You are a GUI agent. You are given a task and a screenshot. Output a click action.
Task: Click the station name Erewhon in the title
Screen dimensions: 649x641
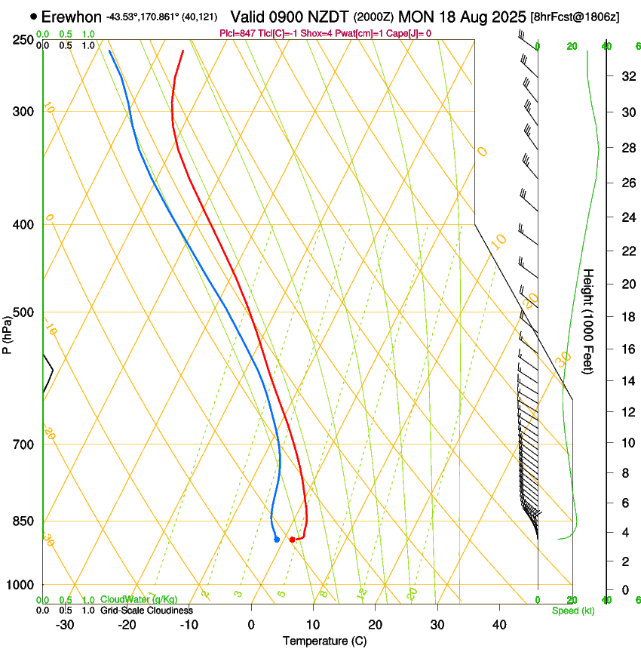pyautogui.click(x=71, y=17)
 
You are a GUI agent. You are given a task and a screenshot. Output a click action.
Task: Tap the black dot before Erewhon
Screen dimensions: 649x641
pyautogui.click(x=33, y=16)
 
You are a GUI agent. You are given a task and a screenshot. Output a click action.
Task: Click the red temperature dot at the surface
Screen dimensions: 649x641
pyautogui.click(x=292, y=540)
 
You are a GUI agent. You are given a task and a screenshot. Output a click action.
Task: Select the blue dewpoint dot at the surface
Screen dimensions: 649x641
pyautogui.click(x=277, y=540)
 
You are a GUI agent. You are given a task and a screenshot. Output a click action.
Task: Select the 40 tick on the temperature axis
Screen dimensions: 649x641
pyautogui.click(x=498, y=625)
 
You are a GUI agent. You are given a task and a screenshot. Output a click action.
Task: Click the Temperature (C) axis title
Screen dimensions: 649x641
pyautogui.click(x=324, y=641)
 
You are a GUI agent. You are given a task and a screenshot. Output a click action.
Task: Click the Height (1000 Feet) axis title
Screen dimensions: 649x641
pyautogui.click(x=589, y=321)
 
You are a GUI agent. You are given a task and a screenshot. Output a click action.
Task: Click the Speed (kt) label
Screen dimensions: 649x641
pyautogui.click(x=572, y=611)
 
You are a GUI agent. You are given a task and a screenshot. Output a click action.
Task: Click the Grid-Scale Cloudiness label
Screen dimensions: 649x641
pyautogui.click(x=146, y=611)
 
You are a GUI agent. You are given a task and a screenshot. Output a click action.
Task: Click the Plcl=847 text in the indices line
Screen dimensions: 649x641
pyautogui.click(x=236, y=33)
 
